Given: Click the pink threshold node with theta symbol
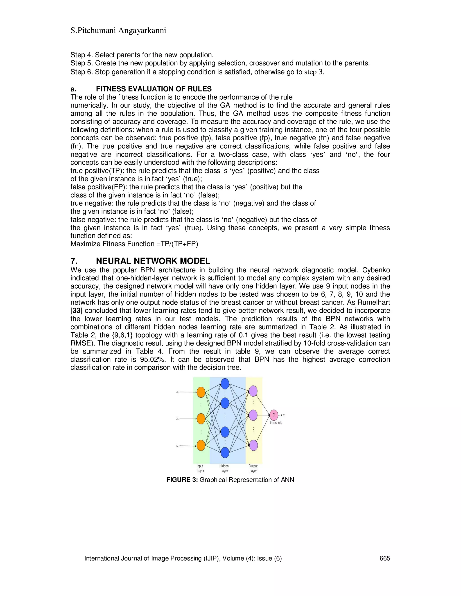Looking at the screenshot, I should click(x=274, y=415).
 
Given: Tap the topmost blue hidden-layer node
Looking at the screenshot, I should click(x=225, y=384).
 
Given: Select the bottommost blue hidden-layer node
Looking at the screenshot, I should click(x=225, y=453).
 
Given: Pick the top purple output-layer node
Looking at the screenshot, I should click(x=253, y=391).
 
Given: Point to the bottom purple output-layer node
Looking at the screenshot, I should click(x=253, y=445).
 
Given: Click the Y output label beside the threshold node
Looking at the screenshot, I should click(x=284, y=415).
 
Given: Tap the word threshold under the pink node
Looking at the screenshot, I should click(x=276, y=423).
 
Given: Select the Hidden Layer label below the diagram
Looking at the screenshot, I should click(x=224, y=468).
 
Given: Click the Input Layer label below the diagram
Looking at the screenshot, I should click(x=200, y=468).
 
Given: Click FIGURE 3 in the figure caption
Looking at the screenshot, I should click(x=182, y=480).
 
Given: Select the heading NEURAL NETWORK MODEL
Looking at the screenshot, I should click(x=153, y=261).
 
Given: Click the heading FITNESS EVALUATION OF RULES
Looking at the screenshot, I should click(x=154, y=89).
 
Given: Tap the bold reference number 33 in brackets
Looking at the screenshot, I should click(x=76, y=311).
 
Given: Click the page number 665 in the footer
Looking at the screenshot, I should click(x=384, y=558).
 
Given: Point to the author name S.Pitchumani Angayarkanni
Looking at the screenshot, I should click(x=118, y=30).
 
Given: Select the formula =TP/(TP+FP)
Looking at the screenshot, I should click(x=177, y=244).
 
